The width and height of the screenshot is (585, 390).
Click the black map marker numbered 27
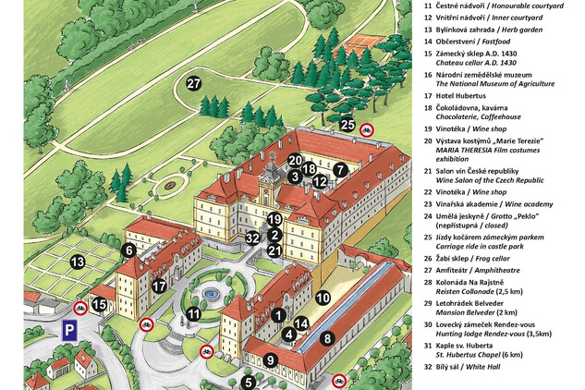click(193, 84)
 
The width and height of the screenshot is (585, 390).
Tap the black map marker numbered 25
click(347, 125)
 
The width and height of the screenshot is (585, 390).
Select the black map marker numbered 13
click(78, 262)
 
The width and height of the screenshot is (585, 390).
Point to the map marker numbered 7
click(340, 170)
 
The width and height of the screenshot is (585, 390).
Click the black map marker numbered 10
click(323, 298)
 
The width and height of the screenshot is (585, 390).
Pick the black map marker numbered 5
click(248, 381)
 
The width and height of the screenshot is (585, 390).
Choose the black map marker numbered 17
click(159, 286)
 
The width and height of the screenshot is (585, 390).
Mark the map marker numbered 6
click(128, 250)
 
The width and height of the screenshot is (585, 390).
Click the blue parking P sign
click(68, 330)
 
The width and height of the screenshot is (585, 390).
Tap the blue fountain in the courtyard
click(212, 295)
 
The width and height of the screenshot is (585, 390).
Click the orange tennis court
click(369, 41)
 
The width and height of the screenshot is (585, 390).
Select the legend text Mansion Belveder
click(481, 313)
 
